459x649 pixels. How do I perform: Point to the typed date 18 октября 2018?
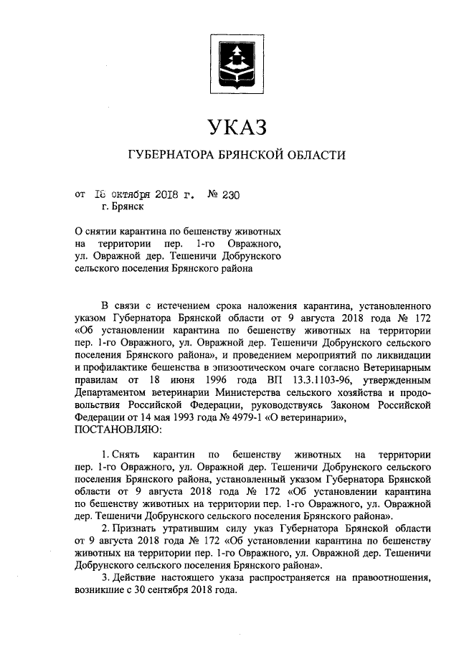(x=143, y=193)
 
